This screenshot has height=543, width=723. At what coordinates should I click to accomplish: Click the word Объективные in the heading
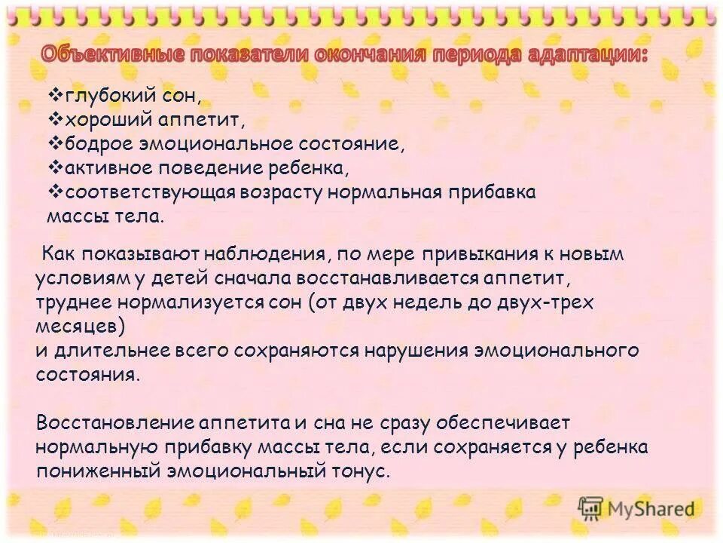tap(110, 54)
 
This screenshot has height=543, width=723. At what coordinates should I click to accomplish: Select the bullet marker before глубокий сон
tap(56, 95)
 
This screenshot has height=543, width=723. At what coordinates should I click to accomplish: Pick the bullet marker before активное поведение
tap(56, 167)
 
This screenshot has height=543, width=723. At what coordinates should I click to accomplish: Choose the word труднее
tap(72, 302)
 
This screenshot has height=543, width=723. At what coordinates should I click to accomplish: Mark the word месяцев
tap(78, 327)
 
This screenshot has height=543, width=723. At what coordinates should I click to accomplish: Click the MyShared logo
tap(636, 508)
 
